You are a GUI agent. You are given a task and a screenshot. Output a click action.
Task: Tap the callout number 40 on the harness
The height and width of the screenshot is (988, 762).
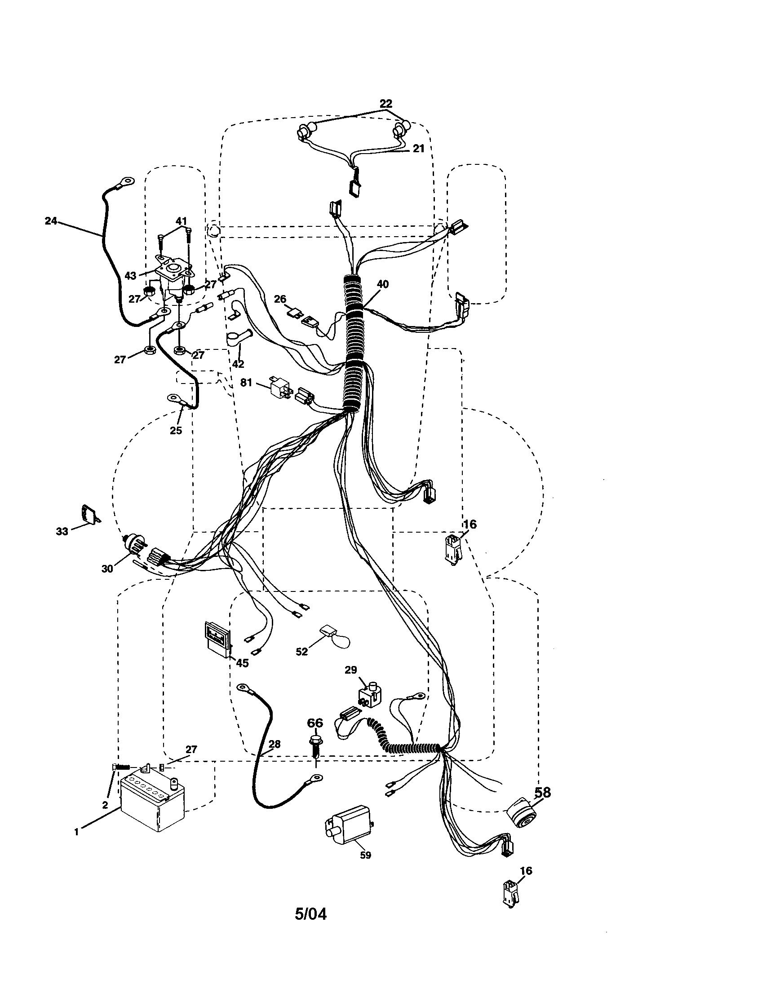pos(382,285)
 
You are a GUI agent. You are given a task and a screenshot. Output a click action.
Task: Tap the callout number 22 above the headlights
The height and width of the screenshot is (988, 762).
pos(385,103)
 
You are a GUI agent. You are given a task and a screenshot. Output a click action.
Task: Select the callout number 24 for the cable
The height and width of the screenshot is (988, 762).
pos(51,221)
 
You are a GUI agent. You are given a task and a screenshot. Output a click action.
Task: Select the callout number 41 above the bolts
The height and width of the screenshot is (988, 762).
pos(181,221)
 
